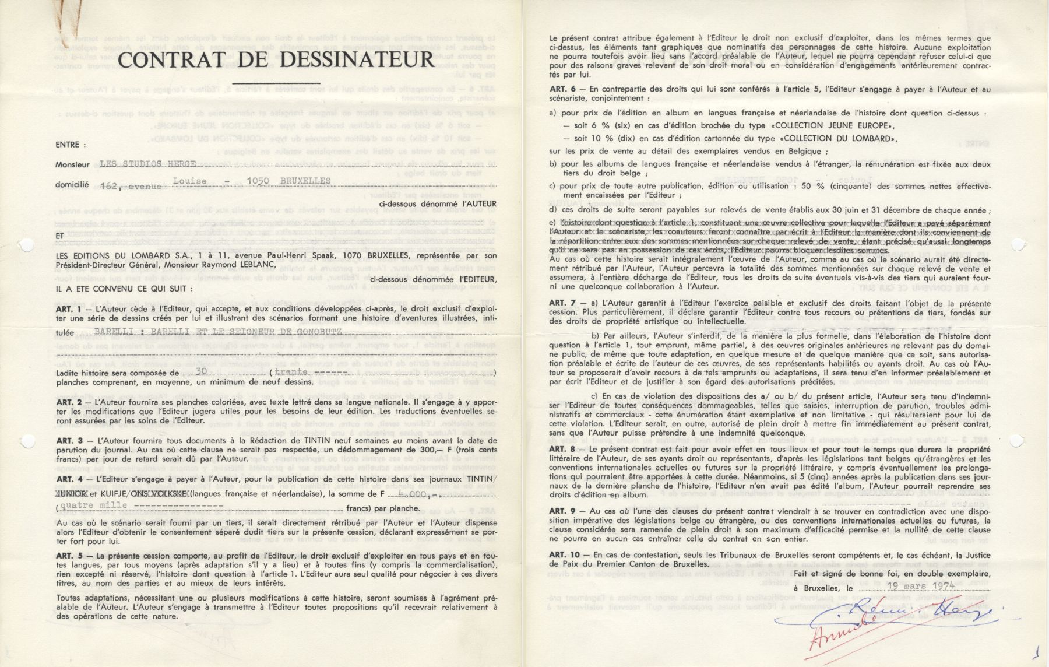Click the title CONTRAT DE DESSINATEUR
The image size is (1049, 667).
pos(276,59)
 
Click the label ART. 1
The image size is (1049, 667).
pos(69,308)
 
